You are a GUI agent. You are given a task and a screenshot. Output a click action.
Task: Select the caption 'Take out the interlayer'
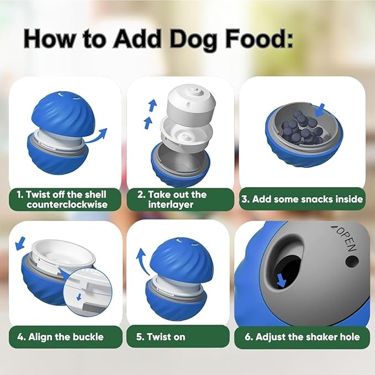172,199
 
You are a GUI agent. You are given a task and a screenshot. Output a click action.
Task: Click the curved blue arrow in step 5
142,260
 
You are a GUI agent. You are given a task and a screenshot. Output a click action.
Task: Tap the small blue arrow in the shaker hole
282,281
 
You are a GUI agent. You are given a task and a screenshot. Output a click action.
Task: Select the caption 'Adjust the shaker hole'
302,336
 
